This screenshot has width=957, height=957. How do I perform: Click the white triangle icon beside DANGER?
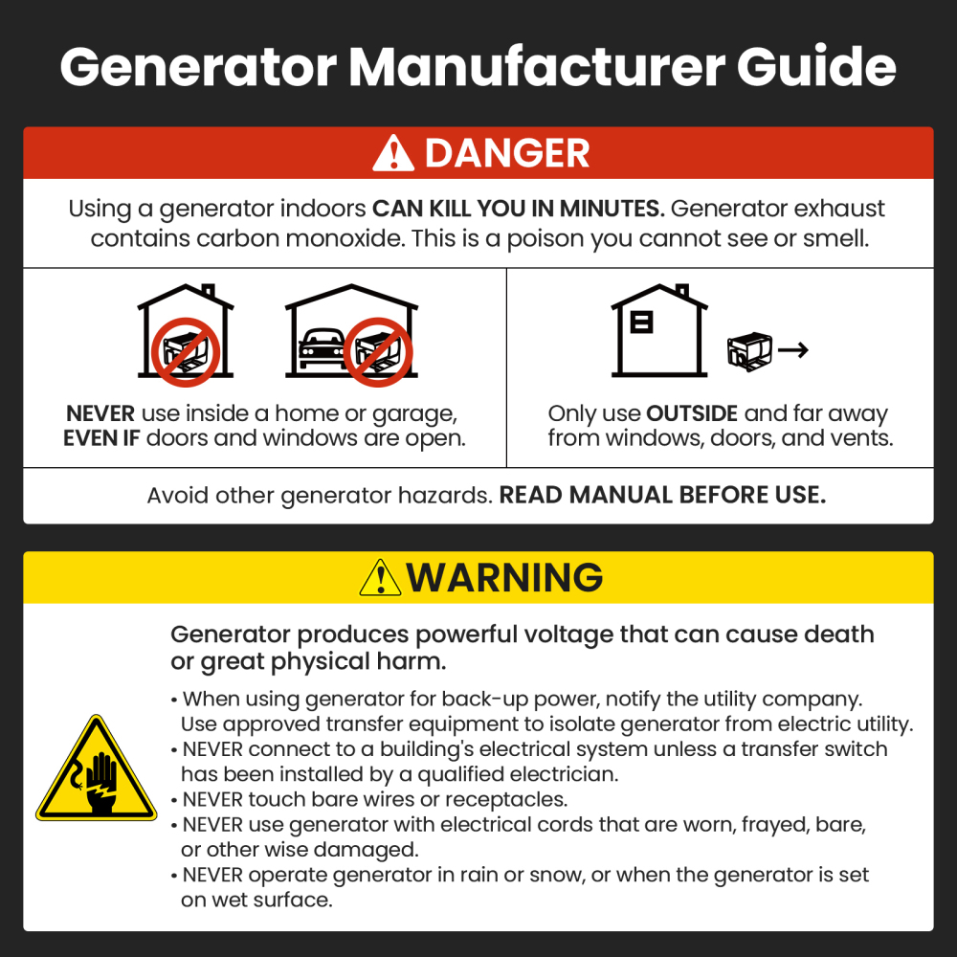click(393, 154)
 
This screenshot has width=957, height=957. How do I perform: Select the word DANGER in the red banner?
click(507, 154)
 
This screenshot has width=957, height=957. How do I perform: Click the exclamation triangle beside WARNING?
click(380, 578)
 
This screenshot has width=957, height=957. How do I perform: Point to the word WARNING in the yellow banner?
click(504, 578)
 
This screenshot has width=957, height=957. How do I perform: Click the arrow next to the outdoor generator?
click(792, 350)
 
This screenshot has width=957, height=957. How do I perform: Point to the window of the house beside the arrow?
click(642, 323)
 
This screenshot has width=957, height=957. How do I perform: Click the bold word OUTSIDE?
click(692, 414)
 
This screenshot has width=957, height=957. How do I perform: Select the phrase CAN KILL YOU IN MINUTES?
click(518, 209)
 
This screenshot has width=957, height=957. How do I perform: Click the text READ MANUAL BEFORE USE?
click(662, 496)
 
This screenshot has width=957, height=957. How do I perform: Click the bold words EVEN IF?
click(102, 439)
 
